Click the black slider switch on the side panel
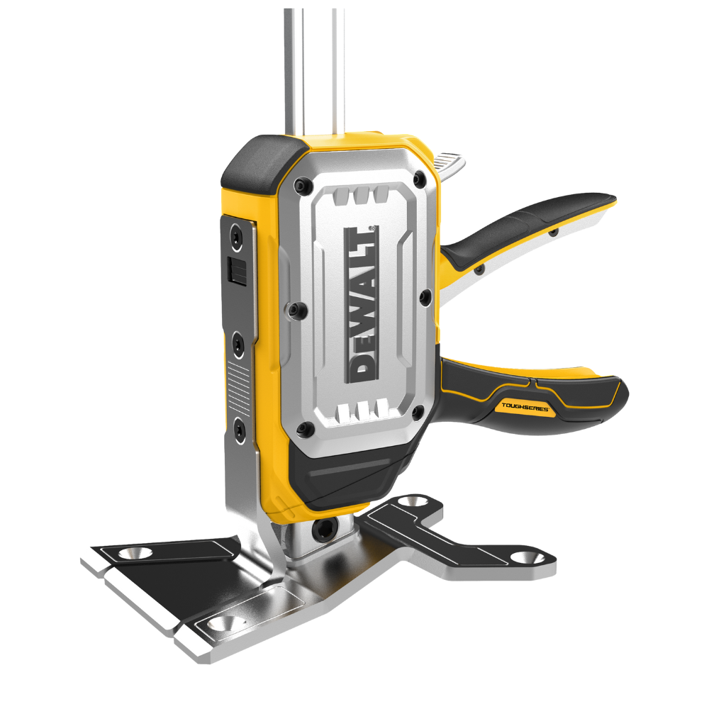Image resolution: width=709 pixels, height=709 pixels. coord(237,271)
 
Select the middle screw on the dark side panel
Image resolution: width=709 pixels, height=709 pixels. coord(238,343)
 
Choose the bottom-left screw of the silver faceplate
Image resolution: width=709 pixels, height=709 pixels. coord(306,428)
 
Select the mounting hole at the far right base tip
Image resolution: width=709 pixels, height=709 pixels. coord(525,558)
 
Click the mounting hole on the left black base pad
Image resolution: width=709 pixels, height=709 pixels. coord(133,553)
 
